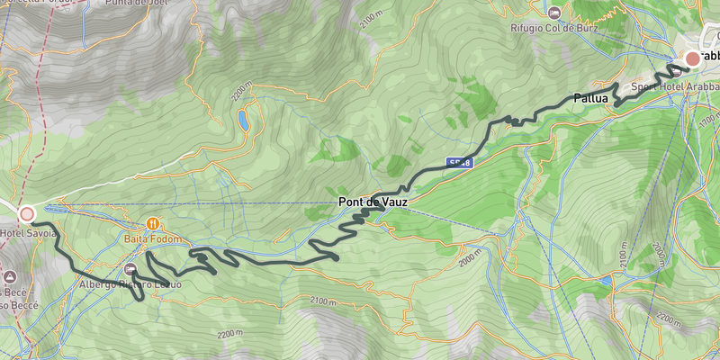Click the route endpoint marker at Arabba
click(692, 59)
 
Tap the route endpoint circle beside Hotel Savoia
click(27, 214)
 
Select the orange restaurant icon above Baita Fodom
click(153, 224)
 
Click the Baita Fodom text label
click(153, 239)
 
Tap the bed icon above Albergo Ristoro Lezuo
click(131, 269)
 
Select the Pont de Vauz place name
click(373, 203)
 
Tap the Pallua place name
click(591, 98)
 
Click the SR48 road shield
click(459, 163)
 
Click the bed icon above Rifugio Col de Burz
click(554, 13)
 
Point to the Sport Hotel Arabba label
click(670, 85)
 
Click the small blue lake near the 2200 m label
click(244, 119)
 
